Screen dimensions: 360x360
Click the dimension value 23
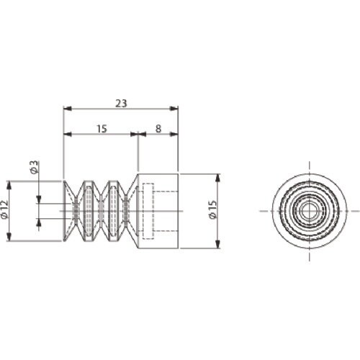[121, 104]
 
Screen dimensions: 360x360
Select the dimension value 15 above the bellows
[102, 129]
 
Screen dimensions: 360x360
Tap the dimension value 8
[158, 129]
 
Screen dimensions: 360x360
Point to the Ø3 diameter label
[34, 167]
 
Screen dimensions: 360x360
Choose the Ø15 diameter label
[212, 210]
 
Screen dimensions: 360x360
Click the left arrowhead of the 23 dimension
[68, 109]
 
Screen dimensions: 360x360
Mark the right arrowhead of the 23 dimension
[174, 109]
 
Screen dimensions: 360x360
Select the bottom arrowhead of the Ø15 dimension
[217, 243]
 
